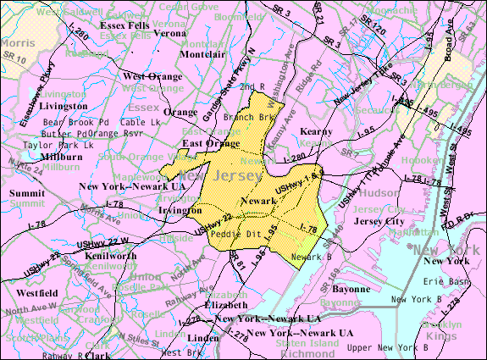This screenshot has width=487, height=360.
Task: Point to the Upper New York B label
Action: tap(395, 348)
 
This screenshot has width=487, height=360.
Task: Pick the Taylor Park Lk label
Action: tap(49, 145)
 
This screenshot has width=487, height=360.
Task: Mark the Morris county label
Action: tap(17, 42)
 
